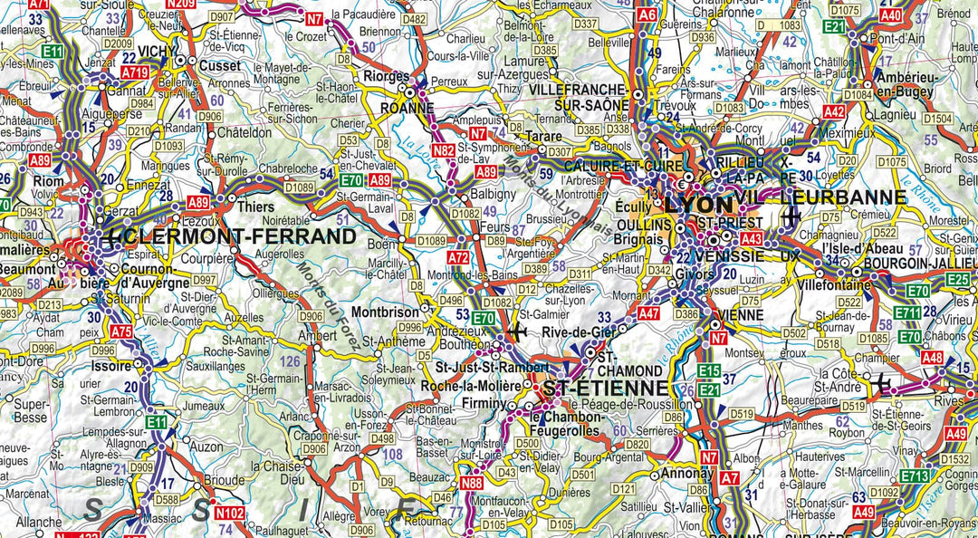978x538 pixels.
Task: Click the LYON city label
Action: pos(700,207)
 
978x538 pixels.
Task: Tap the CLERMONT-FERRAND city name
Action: pos(242,237)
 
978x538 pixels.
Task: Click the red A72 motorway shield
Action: pos(459,258)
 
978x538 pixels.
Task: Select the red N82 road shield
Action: pos(444,150)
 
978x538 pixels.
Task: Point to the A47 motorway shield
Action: pos(648,313)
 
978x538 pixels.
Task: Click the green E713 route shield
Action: pos(916,476)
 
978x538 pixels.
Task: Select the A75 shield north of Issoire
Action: pos(121,332)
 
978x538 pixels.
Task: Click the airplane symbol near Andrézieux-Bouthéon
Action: pos(517,332)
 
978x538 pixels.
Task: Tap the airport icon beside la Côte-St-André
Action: pos(881,384)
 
